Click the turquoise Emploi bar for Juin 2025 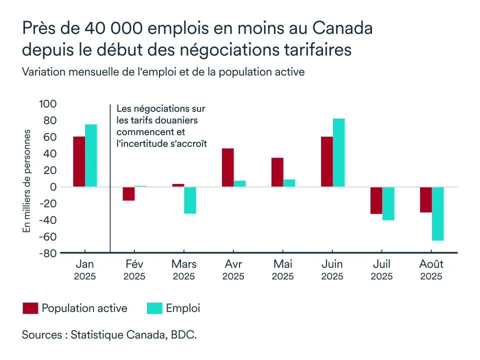point(338,152)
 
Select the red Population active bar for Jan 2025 point(79,161)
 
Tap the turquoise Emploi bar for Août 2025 point(437,213)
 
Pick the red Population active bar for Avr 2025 point(227,167)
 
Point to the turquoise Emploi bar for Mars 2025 point(190,200)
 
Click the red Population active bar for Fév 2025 point(128,194)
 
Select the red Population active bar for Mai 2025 point(277,172)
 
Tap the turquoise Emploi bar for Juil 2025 point(388,203)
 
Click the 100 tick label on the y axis point(47,104)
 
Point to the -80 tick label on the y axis point(47,253)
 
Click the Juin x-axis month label point(332,264)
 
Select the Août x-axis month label point(431,264)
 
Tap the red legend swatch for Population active point(30,308)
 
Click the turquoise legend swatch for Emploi point(154,308)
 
